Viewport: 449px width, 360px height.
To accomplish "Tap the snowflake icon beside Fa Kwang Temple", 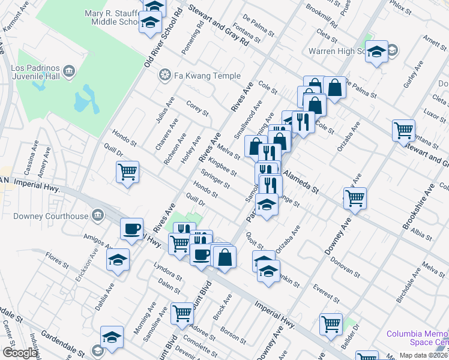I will tap(163, 76).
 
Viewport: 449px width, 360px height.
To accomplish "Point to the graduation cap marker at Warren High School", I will tap(376, 52).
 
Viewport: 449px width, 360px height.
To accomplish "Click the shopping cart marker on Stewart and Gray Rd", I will tap(403, 130).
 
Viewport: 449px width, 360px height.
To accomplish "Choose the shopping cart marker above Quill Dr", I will tap(127, 172).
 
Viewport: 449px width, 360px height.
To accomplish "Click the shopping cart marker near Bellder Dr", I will tap(331, 323).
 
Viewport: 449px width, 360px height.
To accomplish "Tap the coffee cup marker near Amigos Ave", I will tap(131, 229).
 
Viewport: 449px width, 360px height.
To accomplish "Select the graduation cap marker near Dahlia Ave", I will tap(118, 260).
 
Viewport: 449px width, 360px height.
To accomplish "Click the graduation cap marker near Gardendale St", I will tap(112, 337).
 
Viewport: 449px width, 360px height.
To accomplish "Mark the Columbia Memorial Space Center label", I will tap(417, 338).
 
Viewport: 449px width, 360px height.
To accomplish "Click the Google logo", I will tap(20, 353).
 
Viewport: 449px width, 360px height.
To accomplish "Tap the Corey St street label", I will tap(197, 108).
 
